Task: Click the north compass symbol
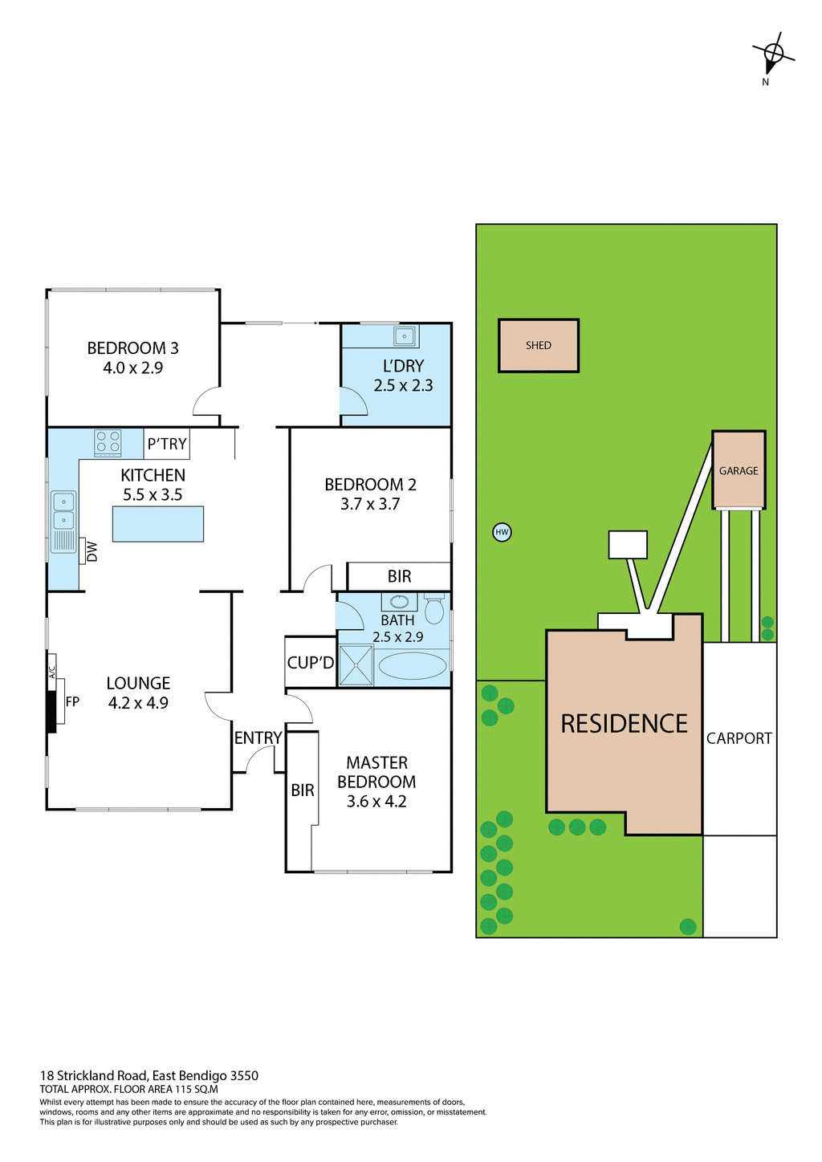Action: tap(773, 55)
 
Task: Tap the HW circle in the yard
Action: tap(502, 532)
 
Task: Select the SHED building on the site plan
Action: tap(539, 345)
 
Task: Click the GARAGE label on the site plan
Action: tap(739, 471)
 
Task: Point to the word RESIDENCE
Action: tap(624, 724)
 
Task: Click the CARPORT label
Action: tap(739, 738)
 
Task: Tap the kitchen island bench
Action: tap(158, 524)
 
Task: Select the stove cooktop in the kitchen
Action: tap(108, 442)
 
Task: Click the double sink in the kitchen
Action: tap(63, 511)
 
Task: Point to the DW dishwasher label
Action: tap(92, 552)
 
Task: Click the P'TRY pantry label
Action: tap(167, 444)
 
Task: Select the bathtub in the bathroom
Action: tap(412, 666)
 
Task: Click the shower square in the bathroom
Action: tap(356, 665)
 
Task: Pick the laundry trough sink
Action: tap(405, 335)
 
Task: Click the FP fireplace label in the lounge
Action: tap(72, 702)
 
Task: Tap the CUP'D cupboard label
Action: tap(311, 663)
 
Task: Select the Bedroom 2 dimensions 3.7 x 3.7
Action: tap(370, 504)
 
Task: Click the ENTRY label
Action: tap(258, 738)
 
